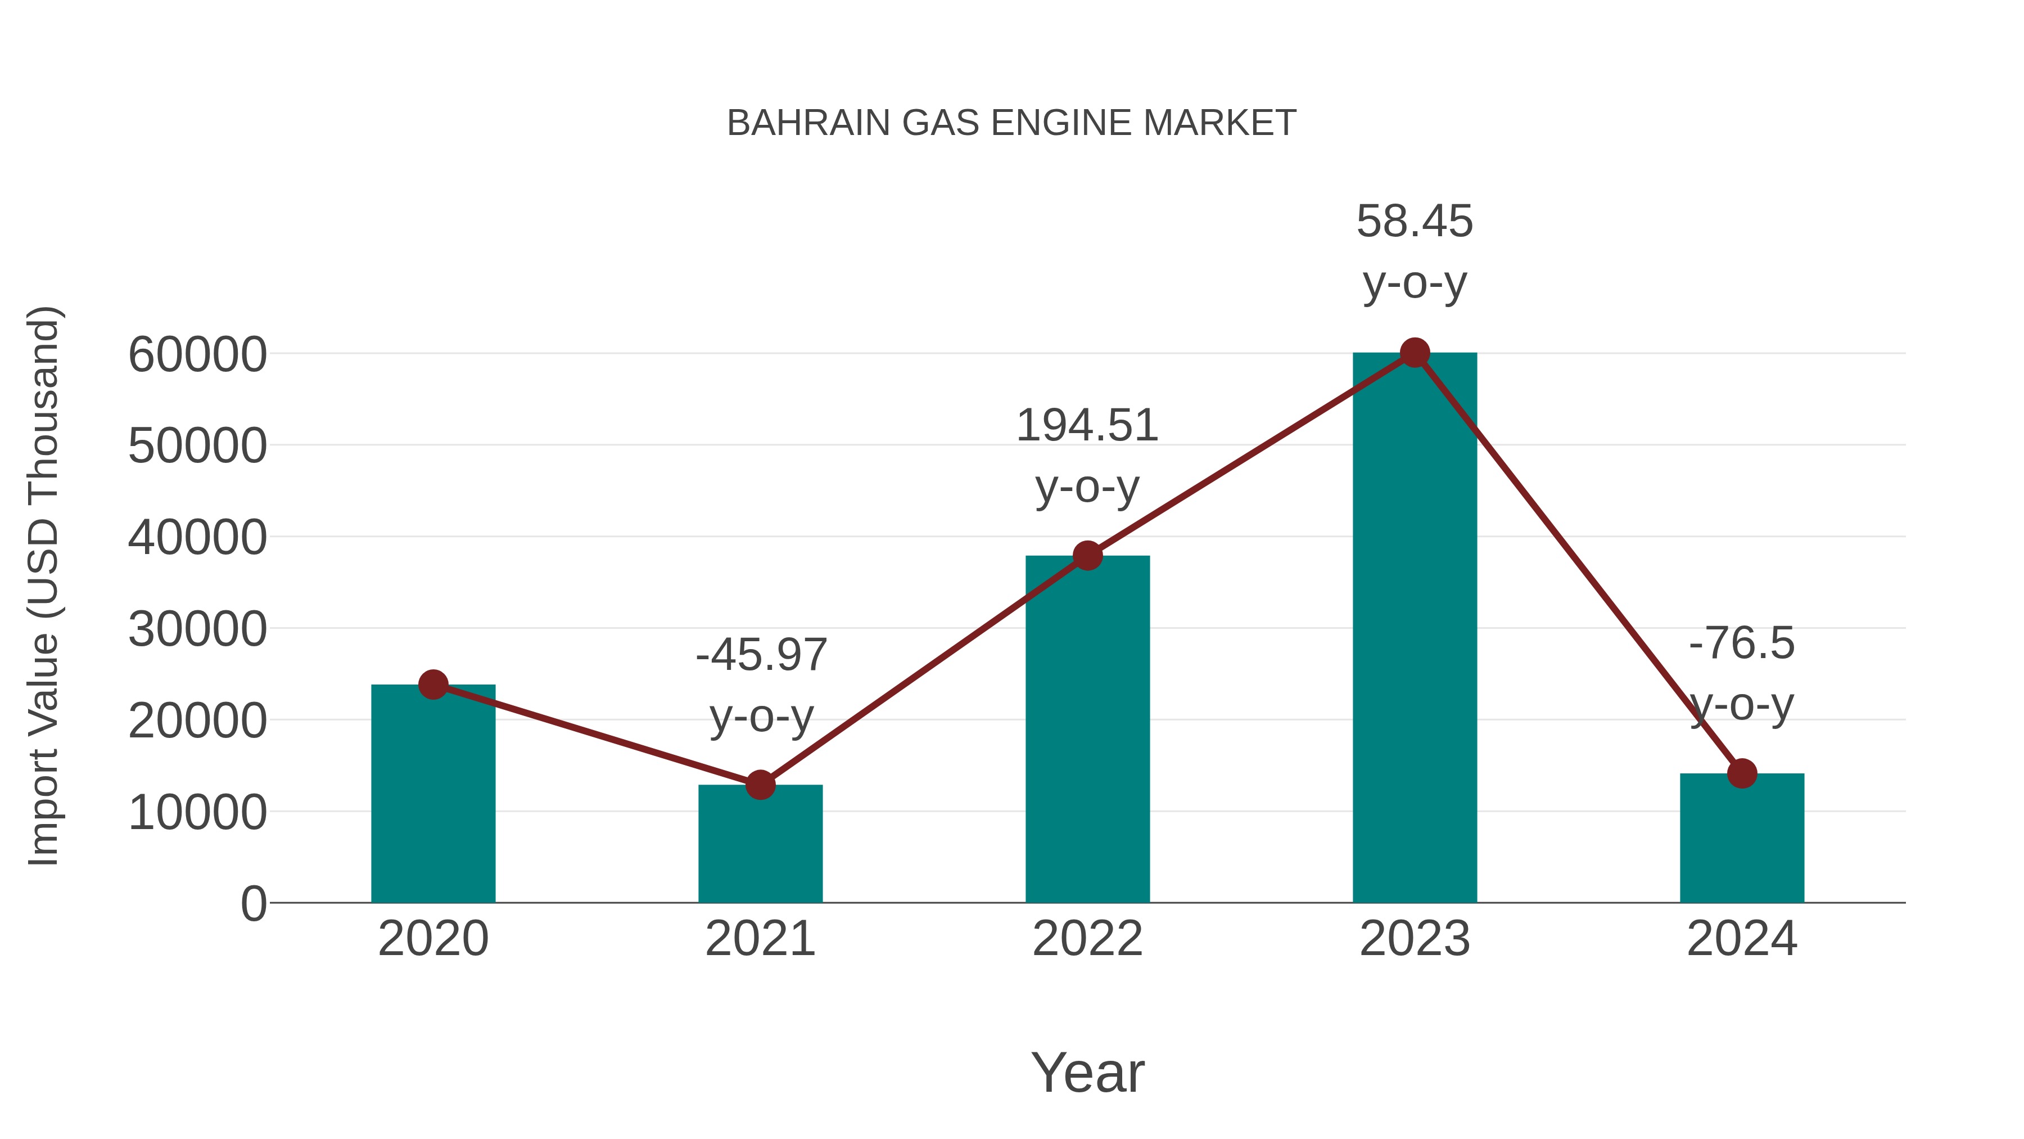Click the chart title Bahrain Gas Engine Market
1011,123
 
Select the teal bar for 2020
433,794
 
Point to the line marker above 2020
433,685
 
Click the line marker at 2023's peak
1415,353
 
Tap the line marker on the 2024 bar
1742,773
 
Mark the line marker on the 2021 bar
760,785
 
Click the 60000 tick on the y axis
197,354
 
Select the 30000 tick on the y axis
197,629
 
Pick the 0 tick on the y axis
253,904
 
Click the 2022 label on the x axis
1087,939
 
